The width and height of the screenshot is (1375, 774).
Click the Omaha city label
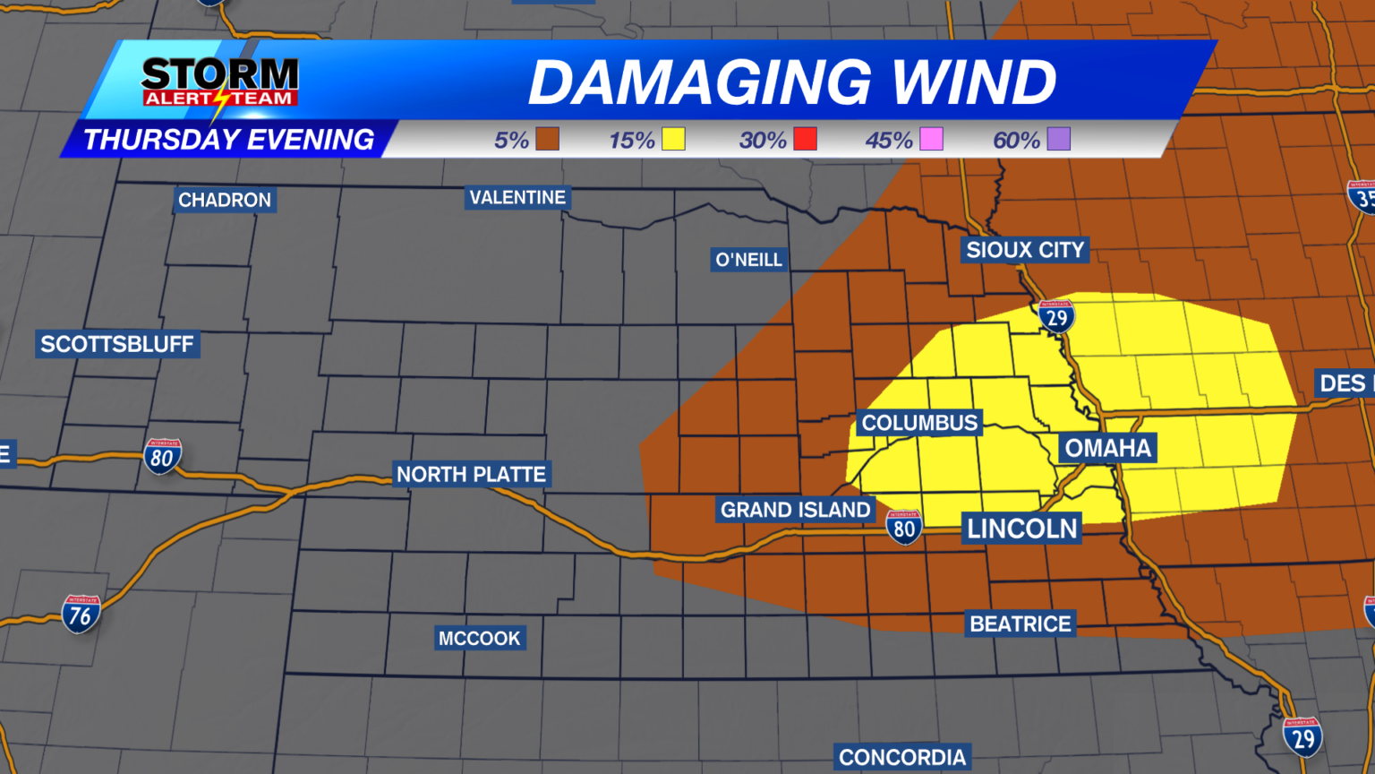click(x=1107, y=448)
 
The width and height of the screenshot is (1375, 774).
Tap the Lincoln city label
click(x=1021, y=529)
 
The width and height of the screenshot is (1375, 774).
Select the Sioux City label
click(x=1025, y=250)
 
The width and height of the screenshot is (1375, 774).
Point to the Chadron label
click(x=224, y=200)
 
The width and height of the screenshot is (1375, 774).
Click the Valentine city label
click(x=517, y=197)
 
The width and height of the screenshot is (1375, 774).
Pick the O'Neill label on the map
click(x=749, y=260)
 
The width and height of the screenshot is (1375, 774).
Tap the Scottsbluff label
click(x=117, y=344)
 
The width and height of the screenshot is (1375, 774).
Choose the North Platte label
click(x=471, y=474)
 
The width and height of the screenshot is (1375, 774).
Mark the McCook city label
click(x=479, y=638)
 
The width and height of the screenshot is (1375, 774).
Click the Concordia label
click(x=902, y=757)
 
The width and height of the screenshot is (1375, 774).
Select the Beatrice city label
click(x=1021, y=623)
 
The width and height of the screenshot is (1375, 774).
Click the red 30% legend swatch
click(x=805, y=139)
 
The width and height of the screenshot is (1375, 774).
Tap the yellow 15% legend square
click(x=673, y=139)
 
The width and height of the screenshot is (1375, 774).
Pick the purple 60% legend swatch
click(x=1058, y=139)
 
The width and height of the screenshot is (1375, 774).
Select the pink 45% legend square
click(x=931, y=139)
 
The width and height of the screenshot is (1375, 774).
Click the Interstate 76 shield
click(x=81, y=615)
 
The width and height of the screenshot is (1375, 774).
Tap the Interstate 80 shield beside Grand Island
click(x=904, y=527)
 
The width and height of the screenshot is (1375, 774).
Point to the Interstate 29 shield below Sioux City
click(x=1057, y=316)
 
